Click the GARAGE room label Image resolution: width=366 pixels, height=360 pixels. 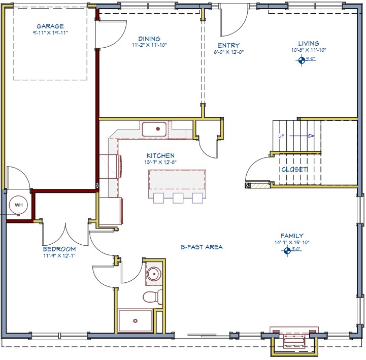pos(50,26)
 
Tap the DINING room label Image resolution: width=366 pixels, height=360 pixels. pos(149,39)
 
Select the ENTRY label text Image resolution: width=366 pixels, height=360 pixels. pos(228,45)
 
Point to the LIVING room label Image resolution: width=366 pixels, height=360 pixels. pos(309,44)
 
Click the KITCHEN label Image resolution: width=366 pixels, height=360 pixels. pos(160,156)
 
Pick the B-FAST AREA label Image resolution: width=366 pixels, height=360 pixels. pos(202,247)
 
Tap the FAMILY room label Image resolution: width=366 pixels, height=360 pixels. pos(292,236)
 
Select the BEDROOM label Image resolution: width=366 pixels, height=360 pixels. pos(59,249)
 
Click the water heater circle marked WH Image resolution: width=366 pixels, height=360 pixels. pos(19,205)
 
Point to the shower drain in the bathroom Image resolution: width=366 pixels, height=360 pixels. pos(135,320)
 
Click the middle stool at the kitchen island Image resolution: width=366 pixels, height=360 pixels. pos(178,198)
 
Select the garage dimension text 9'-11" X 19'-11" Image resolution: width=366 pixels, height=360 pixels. pos(50,32)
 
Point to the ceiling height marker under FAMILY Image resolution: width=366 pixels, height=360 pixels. pos(288,250)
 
